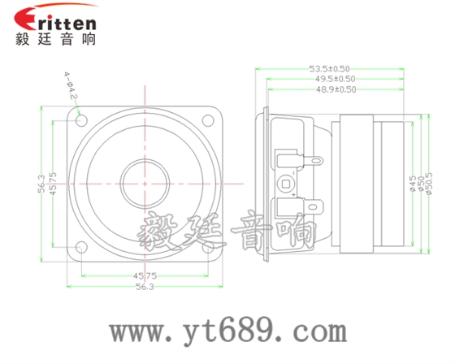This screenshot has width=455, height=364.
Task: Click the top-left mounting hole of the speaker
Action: click(81, 120)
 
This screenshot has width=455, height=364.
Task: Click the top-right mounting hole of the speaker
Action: click(209, 120)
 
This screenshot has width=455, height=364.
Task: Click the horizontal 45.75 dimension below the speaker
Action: click(145, 277)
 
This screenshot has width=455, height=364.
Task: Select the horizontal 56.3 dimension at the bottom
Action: click(145, 288)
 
